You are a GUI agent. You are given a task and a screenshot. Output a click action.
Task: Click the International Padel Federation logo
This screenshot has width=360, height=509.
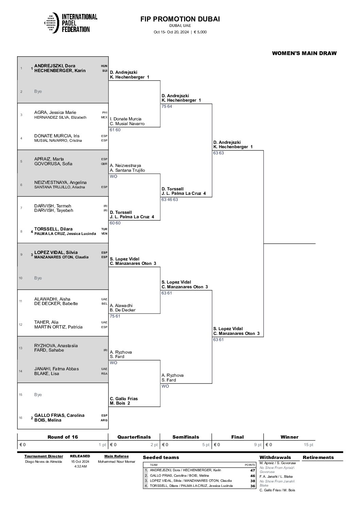tap(71, 23)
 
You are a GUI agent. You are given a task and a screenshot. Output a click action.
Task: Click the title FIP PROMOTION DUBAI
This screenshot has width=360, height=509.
tap(180, 19)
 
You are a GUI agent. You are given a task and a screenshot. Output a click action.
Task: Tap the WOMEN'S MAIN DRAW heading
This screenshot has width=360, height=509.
tap(304, 53)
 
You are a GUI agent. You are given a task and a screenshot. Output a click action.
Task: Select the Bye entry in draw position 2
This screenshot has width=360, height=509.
tap(38, 91)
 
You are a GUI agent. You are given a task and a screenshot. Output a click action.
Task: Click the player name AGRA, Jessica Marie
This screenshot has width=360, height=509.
tap(55, 113)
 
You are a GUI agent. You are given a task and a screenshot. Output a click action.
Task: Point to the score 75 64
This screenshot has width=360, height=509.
tap(167, 106)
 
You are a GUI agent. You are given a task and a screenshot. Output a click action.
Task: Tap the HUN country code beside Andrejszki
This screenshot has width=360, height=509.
tap(104, 66)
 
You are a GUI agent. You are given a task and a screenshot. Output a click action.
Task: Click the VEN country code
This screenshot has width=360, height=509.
tap(104, 234)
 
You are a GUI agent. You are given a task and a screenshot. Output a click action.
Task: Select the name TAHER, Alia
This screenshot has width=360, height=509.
tap(46, 322)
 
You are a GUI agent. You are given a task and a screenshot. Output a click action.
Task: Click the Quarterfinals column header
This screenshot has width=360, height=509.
tap(134, 437)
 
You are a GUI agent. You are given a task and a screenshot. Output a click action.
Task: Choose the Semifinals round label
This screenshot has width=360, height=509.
tap(186, 437)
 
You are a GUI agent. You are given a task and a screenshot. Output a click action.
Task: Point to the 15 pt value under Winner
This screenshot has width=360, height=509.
tap(309, 445)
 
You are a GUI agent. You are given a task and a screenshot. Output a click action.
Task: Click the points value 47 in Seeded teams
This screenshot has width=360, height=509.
tap(252, 470)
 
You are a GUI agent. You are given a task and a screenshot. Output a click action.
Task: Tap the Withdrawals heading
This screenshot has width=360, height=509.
tap(275, 457)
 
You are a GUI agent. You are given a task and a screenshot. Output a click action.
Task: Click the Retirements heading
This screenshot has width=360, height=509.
tap(318, 457)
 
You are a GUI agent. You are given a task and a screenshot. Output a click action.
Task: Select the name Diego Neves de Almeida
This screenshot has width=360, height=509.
tap(44, 462)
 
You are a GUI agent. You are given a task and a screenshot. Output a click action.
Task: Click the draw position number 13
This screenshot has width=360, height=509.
tap(21, 348)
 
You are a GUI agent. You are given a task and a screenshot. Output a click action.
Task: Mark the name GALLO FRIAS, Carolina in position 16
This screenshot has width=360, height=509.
tap(59, 415)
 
